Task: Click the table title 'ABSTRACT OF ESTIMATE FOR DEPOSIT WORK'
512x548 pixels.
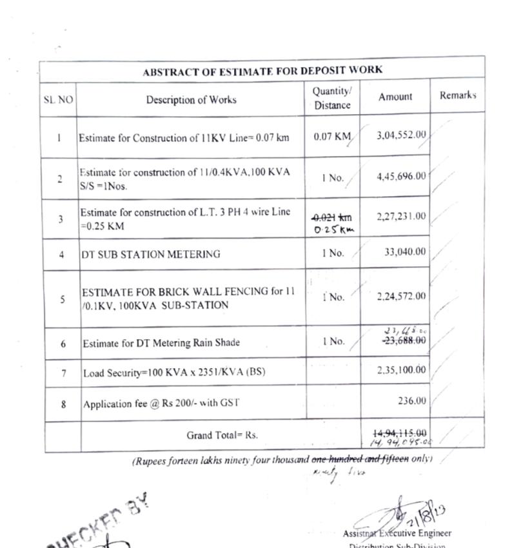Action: (262, 70)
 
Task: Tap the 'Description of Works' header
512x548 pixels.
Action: (191, 100)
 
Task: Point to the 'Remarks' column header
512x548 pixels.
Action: (458, 95)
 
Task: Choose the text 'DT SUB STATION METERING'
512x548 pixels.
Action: (150, 254)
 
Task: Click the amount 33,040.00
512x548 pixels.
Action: (405, 252)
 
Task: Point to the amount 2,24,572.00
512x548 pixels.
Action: (402, 297)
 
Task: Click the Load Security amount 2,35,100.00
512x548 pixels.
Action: (402, 369)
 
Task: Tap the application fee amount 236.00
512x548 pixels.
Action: (412, 401)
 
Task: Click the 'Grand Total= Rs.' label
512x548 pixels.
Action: (222, 435)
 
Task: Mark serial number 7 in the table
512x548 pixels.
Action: (63, 373)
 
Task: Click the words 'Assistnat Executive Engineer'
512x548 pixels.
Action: (397, 533)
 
